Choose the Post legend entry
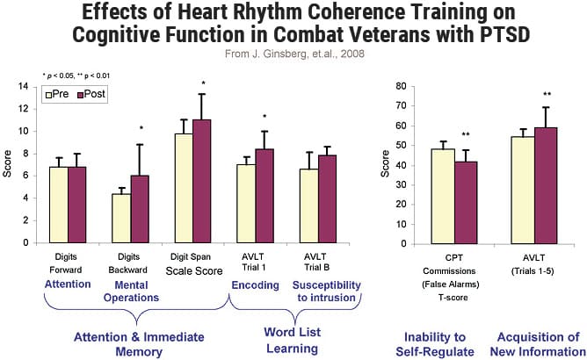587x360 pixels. (x=90, y=93)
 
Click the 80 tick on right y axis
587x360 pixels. (x=400, y=86)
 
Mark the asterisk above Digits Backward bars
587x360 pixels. (x=141, y=129)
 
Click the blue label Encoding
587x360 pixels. (x=255, y=284)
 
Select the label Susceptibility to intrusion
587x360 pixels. (x=328, y=292)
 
